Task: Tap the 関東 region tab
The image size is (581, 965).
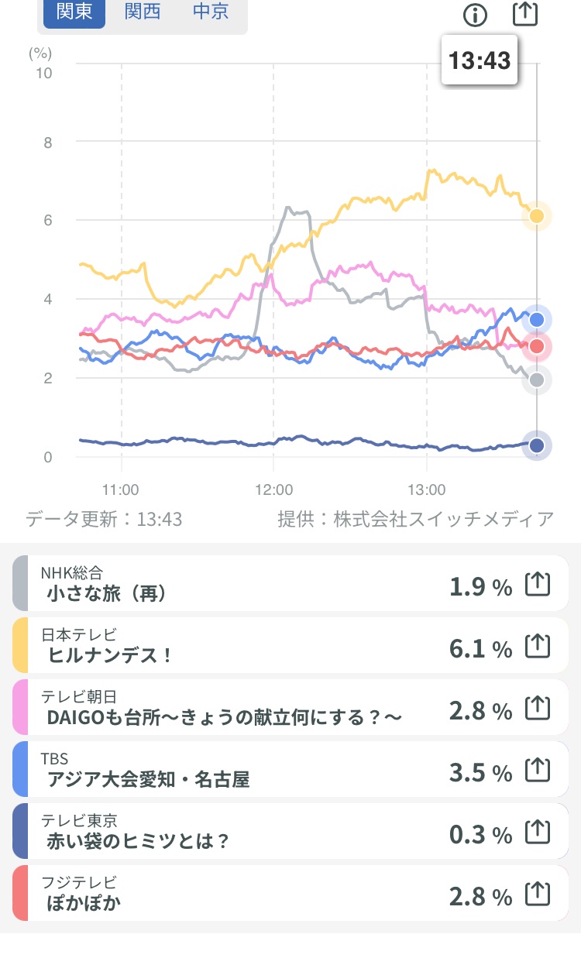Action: [x=74, y=12]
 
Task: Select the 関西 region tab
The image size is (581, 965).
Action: [x=143, y=12]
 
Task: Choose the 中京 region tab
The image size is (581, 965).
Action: [x=211, y=12]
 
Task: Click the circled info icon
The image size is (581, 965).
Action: [x=475, y=15]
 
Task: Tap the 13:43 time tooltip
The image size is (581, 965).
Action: [x=480, y=60]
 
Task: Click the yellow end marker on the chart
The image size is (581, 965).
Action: [x=537, y=216]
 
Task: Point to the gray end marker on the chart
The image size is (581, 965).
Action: [x=537, y=380]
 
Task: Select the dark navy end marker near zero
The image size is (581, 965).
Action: [x=537, y=445]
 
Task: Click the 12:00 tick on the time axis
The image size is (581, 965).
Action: [x=273, y=489]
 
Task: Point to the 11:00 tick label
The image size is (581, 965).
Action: [x=120, y=489]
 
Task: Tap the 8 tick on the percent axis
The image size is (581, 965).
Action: [x=48, y=143]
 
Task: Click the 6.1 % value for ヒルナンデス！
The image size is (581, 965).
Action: [x=480, y=648]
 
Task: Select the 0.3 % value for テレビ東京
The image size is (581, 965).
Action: [x=480, y=834]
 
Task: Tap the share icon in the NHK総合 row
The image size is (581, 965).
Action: [x=538, y=584]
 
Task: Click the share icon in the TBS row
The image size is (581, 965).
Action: [x=538, y=770]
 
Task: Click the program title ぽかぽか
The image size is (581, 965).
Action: [x=84, y=903]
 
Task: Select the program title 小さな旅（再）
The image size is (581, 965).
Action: [x=106, y=594]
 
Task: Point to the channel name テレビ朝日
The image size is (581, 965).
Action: [x=79, y=696]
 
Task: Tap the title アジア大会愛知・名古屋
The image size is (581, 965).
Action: [x=148, y=779]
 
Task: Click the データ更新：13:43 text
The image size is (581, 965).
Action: [x=104, y=519]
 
